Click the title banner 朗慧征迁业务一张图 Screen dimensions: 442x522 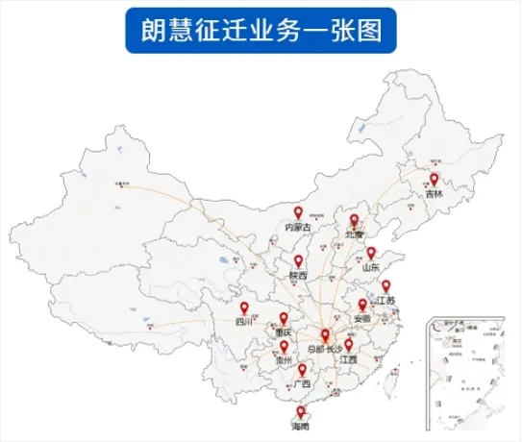pos(260,32)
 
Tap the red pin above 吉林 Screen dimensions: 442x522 pos(435,179)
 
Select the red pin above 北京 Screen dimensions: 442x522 pos(354,220)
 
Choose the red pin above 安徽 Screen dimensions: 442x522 pos(362,305)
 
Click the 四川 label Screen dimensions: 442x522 pos(242,323)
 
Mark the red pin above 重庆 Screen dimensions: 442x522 pos(284,317)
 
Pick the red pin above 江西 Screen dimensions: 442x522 pos(349,344)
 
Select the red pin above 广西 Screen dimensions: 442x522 pos(303,370)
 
